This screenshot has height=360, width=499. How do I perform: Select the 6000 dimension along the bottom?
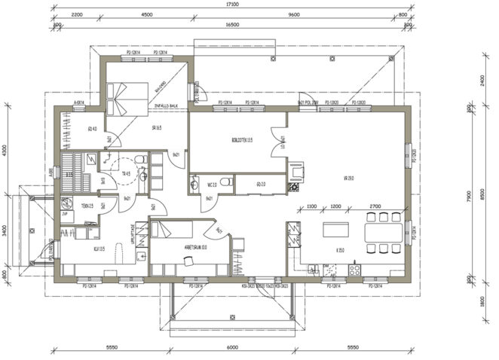(x=232, y=347)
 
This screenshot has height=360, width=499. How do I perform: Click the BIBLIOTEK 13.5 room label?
(x=241, y=141)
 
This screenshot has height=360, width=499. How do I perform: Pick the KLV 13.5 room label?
(x=98, y=248)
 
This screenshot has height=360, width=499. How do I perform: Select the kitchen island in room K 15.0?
(x=338, y=229)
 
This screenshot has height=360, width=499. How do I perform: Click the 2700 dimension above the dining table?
(x=375, y=206)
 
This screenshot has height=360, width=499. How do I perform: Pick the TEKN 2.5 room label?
(x=87, y=206)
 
